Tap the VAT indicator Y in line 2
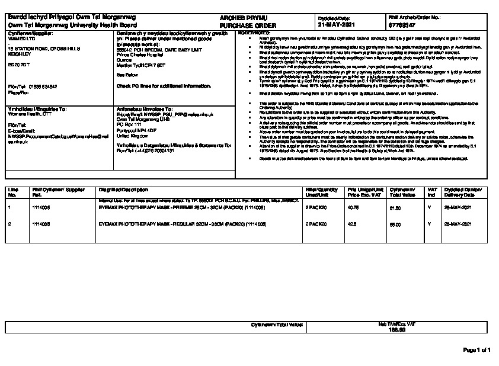[430, 224]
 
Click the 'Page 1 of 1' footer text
[477, 351]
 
